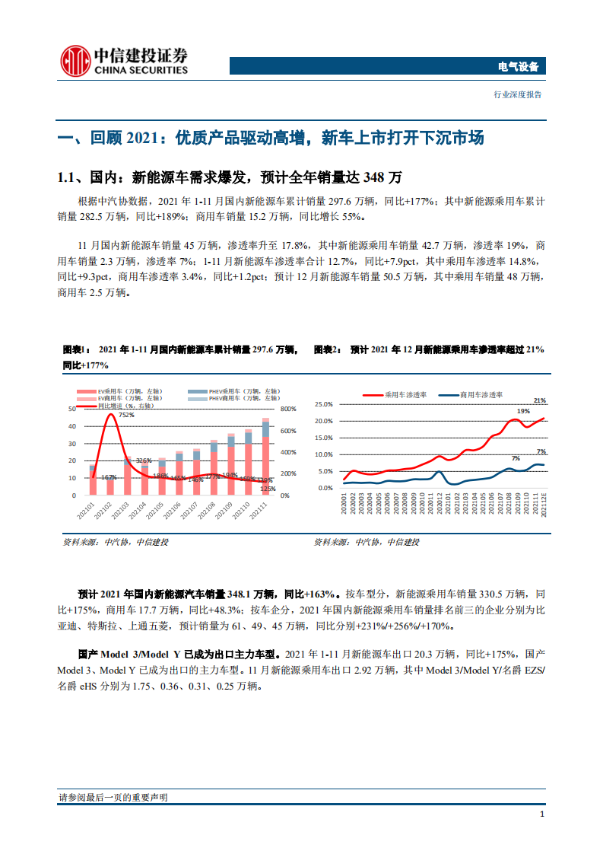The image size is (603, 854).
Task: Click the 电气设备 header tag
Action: [516, 67]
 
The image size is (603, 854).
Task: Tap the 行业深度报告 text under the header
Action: [517, 95]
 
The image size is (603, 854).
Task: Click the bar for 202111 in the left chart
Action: [265, 457]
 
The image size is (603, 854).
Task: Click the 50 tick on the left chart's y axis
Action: [71, 409]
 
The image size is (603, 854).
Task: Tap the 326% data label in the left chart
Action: [144, 460]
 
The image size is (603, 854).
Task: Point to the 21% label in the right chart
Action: [540, 400]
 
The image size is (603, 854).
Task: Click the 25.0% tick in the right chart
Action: [324, 404]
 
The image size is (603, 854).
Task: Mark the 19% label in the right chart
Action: [524, 411]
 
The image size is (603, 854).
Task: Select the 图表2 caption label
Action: [326, 349]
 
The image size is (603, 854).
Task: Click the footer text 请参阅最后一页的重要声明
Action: [113, 797]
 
